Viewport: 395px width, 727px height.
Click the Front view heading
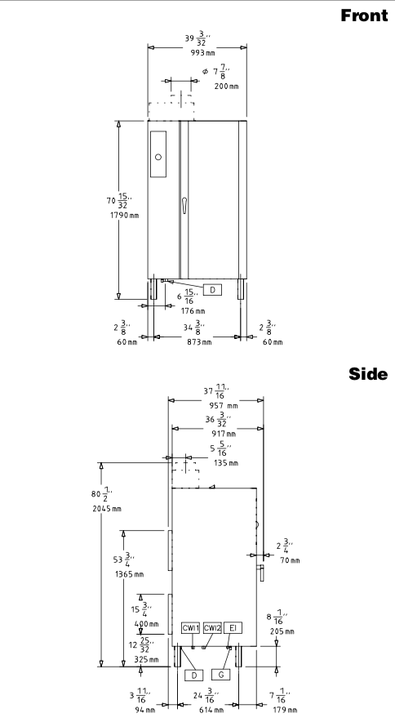364,16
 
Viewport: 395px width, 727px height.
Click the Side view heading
368,373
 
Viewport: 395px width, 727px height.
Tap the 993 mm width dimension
203,52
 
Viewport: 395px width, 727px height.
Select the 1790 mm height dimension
124,215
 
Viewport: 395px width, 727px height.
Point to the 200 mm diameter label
226,87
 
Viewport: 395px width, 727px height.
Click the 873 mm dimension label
200,342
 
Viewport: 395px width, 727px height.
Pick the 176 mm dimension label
193,310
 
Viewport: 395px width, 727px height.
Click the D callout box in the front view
212,290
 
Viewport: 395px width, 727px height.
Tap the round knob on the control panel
158,157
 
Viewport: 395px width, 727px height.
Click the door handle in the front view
184,205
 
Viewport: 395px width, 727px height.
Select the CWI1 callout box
190,628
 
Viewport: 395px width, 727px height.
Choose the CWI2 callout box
212,628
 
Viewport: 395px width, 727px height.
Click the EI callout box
233,628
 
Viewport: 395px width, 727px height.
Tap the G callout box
221,675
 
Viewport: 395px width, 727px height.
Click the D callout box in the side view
194,675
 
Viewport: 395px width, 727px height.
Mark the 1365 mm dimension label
129,574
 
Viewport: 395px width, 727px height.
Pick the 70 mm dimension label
290,560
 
